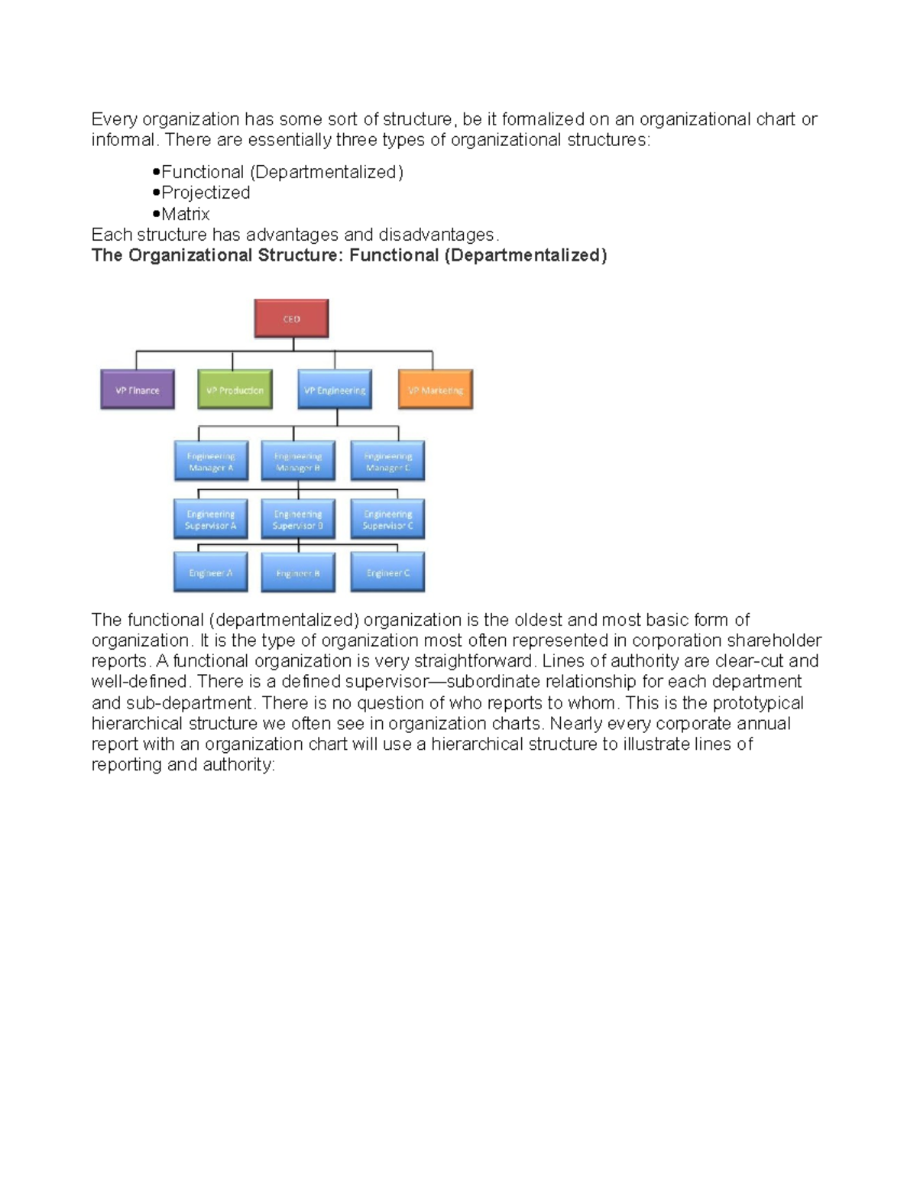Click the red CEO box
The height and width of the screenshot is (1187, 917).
click(x=291, y=319)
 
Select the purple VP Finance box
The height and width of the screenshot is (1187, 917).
click(x=138, y=390)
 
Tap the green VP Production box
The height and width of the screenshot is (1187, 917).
click(x=235, y=390)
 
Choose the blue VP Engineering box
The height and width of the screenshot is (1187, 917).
click(x=335, y=390)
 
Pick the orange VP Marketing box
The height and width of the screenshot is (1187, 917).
click(x=436, y=390)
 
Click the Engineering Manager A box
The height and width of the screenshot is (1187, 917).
click(x=211, y=462)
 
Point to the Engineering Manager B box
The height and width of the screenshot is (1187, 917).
click(x=298, y=462)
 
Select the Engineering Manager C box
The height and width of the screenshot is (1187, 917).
click(x=387, y=462)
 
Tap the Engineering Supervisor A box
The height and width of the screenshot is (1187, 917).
click(x=211, y=520)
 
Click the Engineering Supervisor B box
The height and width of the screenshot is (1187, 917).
click(x=298, y=520)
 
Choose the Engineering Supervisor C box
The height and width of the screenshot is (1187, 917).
click(x=387, y=520)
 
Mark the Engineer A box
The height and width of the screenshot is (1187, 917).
click(x=211, y=573)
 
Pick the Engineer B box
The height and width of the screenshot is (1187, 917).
click(x=298, y=573)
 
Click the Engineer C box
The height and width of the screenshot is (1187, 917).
click(x=387, y=573)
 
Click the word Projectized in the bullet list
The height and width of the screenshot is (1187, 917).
click(x=206, y=193)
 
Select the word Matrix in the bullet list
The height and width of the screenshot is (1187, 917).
click(x=186, y=215)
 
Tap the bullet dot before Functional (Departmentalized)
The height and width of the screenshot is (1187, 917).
click(x=156, y=172)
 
